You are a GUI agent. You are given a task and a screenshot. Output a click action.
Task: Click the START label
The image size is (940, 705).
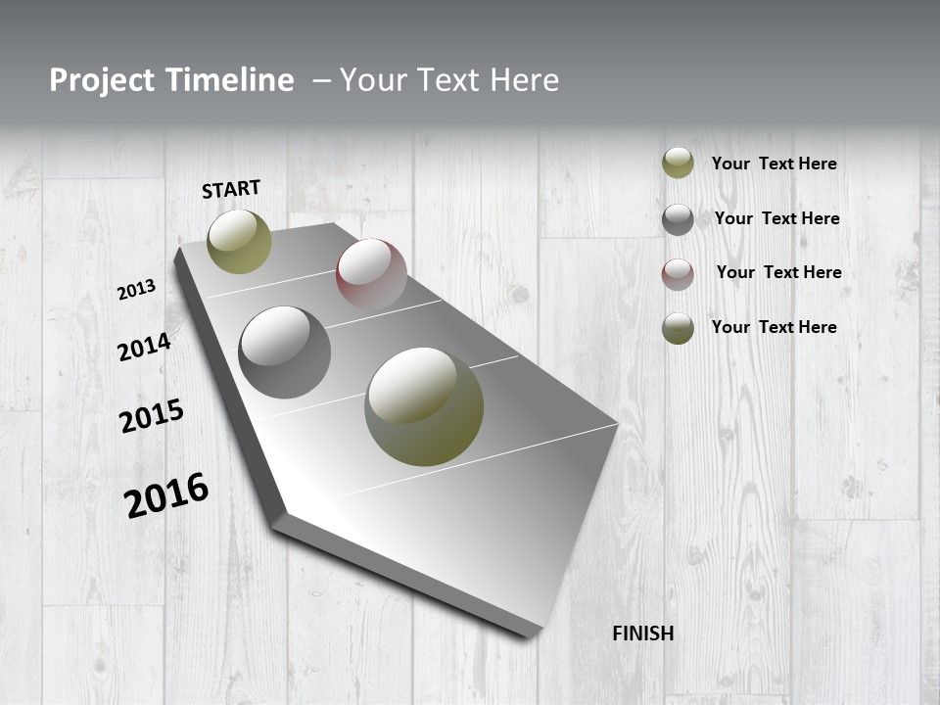(231, 189)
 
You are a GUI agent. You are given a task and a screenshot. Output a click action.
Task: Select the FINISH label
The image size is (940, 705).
(643, 634)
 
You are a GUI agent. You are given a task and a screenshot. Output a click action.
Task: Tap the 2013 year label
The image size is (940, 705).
(136, 290)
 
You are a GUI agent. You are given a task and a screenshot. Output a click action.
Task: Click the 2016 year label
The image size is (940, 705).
(166, 495)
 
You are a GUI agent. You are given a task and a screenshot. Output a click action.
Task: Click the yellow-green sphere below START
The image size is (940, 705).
(239, 242)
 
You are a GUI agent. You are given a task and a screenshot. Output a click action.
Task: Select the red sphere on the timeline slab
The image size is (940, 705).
(371, 274)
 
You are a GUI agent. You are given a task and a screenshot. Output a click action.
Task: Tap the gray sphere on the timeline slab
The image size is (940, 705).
(285, 352)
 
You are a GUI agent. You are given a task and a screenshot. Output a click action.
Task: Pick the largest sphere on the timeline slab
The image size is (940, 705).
(424, 406)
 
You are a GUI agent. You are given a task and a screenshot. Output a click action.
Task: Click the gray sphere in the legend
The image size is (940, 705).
(678, 219)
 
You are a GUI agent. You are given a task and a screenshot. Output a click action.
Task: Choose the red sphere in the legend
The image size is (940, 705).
(678, 274)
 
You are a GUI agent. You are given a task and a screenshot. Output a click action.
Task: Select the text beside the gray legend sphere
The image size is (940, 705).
(776, 218)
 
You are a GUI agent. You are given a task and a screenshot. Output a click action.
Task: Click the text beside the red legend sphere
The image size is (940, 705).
(778, 272)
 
